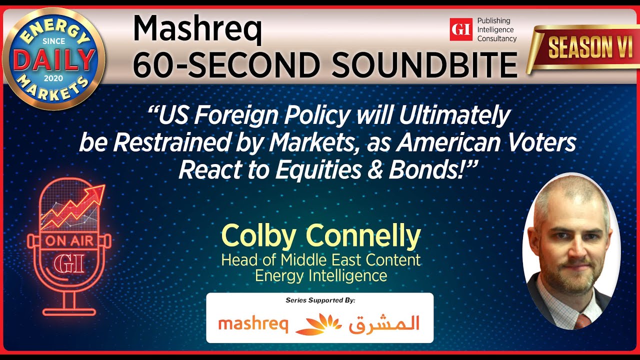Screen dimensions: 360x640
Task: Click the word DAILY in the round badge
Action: click(54, 59)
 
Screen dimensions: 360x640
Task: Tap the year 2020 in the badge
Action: click(54, 78)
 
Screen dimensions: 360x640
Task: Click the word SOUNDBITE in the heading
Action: click(421, 64)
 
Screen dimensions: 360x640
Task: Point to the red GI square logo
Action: click(460, 29)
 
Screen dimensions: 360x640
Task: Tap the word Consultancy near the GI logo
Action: click(496, 38)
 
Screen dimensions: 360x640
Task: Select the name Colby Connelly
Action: click(320, 236)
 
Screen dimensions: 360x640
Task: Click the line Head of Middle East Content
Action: click(320, 260)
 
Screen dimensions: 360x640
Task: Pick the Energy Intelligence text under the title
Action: click(320, 275)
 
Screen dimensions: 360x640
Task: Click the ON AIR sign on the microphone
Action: click(68, 240)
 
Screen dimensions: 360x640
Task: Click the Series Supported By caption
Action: click(320, 300)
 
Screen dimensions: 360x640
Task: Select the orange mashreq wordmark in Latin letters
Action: click(253, 324)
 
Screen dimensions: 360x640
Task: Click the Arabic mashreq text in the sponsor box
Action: click(384, 324)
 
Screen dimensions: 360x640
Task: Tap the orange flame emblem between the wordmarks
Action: click(318, 324)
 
